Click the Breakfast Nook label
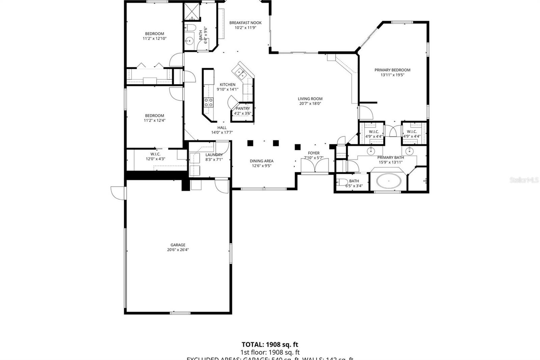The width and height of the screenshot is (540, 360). (x=245, y=23)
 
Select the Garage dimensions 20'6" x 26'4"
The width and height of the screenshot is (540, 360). (x=178, y=250)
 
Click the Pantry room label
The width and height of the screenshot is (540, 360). (x=243, y=108)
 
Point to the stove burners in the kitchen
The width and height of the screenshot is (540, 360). (x=209, y=102)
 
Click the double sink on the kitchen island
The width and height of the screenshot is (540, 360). (x=241, y=72)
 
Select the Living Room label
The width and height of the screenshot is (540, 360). (x=310, y=99)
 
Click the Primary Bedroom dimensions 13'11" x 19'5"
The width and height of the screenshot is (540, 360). (x=392, y=75)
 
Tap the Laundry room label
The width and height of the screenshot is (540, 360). (x=214, y=155)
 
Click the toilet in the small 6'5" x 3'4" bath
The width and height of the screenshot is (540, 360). (x=342, y=183)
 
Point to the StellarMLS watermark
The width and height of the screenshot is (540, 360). (x=524, y=180)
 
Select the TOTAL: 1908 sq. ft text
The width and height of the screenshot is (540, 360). (x=270, y=344)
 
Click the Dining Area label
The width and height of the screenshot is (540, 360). (x=261, y=161)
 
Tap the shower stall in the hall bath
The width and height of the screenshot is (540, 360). (x=192, y=12)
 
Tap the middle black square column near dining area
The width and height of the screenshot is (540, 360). (x=276, y=143)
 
